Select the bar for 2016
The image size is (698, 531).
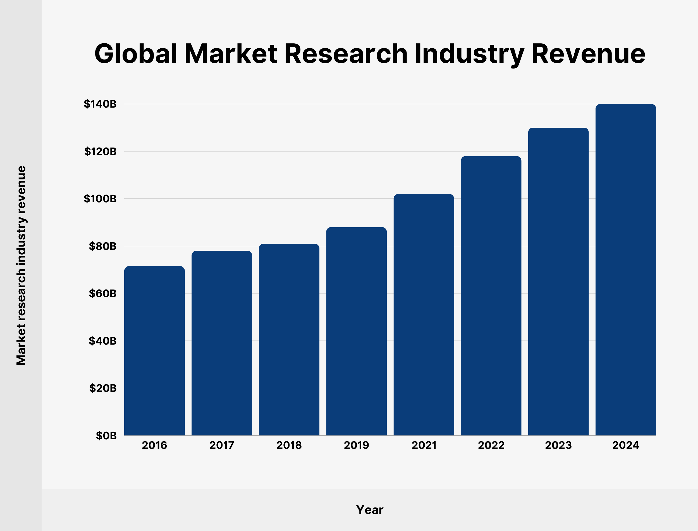click(x=154, y=351)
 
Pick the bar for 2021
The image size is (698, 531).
click(x=424, y=314)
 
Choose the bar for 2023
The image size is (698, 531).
click(x=558, y=281)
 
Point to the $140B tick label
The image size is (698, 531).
click(x=100, y=104)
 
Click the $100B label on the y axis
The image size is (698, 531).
click(x=100, y=199)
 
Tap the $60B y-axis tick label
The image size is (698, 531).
click(x=102, y=294)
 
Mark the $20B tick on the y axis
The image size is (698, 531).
click(x=102, y=388)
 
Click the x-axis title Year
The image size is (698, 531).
click(x=370, y=510)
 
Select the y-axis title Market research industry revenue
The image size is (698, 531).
click(x=21, y=265)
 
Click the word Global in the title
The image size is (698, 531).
click(x=136, y=54)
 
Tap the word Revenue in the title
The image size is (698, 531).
click(x=589, y=54)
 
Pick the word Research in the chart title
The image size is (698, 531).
click(x=346, y=54)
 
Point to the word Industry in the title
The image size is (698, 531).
click(x=469, y=54)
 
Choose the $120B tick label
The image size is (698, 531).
click(x=100, y=152)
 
